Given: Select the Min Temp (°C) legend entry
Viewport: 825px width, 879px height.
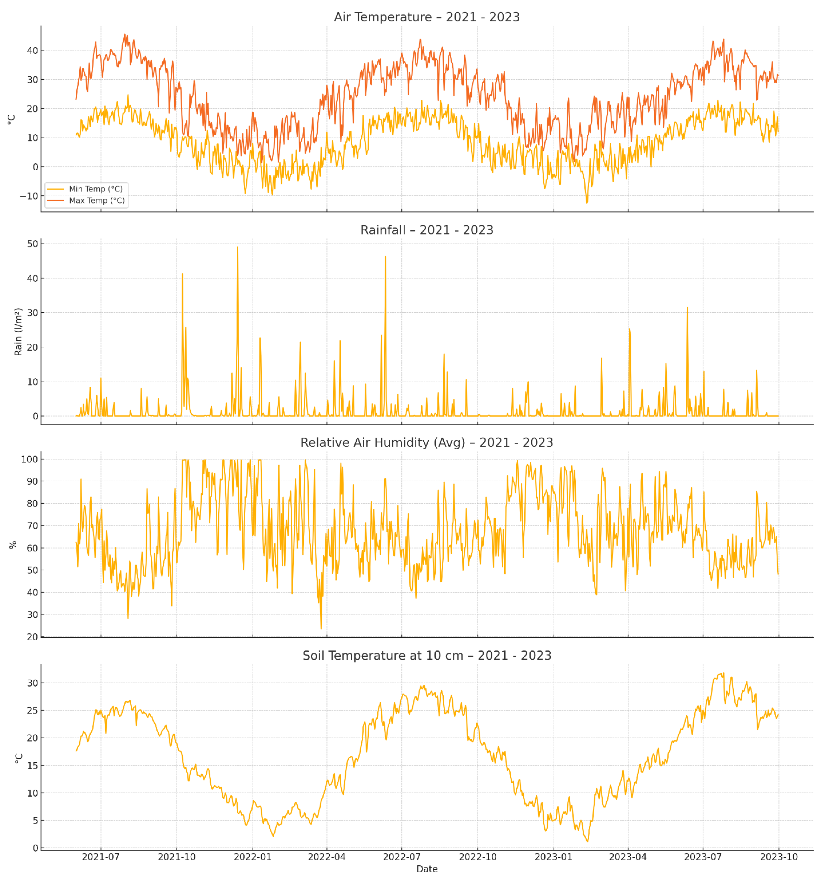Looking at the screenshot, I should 95,189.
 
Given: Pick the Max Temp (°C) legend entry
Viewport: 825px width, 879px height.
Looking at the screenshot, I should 97,200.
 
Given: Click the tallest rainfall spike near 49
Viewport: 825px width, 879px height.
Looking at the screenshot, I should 238,248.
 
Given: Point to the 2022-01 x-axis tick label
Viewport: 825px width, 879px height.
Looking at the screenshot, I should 252,857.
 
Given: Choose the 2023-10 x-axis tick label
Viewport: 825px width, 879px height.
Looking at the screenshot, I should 779,857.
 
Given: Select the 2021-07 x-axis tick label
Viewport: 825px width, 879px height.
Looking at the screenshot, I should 101,857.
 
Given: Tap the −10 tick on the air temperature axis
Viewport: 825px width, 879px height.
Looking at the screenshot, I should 29,196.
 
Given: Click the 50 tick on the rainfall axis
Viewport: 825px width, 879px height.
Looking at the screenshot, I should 33,244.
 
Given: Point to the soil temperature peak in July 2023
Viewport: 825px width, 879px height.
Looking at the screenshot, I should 723,673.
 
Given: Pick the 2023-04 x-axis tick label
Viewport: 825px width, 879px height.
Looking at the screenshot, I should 627,857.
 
